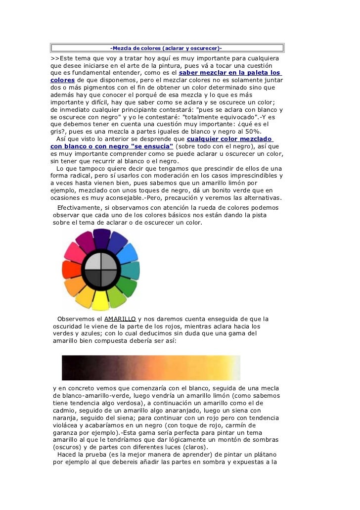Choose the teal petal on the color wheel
(133, 270)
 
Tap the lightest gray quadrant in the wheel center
(93, 261)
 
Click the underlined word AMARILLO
(120, 319)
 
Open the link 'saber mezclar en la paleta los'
(229, 74)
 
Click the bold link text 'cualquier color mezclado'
(230, 139)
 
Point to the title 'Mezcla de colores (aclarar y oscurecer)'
(166, 48)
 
